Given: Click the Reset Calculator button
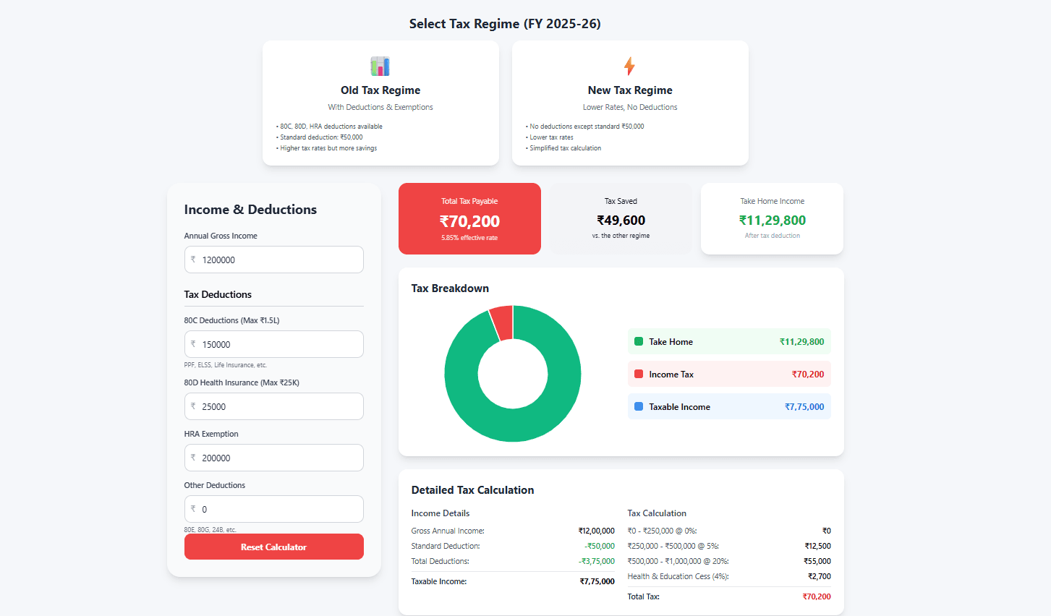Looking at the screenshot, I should pos(273,547).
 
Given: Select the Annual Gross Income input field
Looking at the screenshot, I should pos(273,260).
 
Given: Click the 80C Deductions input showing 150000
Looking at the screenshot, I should pos(273,344).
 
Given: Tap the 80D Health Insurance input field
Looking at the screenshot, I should pos(273,406).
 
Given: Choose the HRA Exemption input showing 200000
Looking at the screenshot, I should pos(273,458).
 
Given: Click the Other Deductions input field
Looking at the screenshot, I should pos(273,509).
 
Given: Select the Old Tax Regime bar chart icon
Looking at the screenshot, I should pos(380,67).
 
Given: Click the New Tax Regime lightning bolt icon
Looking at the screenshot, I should pos(629,67).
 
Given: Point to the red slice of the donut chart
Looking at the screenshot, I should pos(502,322).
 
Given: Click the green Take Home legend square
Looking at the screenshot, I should pos(639,341).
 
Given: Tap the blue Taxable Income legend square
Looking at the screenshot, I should pos(639,406).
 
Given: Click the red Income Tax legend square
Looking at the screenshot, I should pos(639,374).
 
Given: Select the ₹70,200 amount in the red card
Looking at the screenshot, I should pos(469,221).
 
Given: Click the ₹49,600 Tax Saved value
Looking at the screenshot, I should pos(621,221).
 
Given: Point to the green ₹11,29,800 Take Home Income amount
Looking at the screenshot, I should pos(772,221).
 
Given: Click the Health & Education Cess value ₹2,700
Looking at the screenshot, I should pos(819,576).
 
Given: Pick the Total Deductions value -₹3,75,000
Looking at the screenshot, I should pos(596,561).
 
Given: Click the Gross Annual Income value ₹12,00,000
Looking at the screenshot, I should pos(596,531).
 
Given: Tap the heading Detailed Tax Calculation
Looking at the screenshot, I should pos(472,489).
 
